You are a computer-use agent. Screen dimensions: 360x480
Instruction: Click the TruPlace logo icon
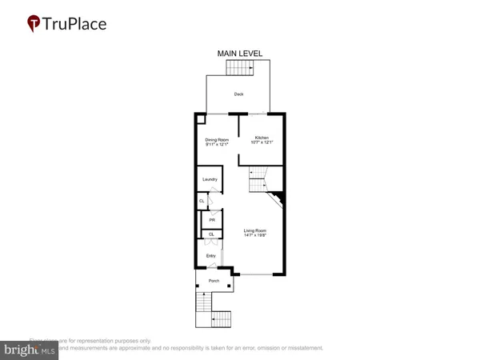point(33,23)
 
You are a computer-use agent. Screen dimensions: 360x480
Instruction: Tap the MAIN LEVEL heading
point(240,54)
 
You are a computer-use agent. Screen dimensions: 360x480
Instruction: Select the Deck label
point(238,94)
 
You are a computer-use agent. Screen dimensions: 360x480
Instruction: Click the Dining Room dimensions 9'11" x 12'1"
point(217,145)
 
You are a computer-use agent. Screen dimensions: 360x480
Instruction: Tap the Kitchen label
point(261,138)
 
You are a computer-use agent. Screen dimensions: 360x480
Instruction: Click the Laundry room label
point(210,179)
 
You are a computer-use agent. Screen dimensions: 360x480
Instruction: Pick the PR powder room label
point(212,220)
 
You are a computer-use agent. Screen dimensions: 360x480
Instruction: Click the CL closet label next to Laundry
point(202,201)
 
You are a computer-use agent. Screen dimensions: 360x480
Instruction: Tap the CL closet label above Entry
point(211,234)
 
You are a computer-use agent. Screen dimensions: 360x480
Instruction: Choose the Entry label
point(211,256)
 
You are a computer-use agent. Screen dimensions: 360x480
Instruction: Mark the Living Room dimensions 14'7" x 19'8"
point(255,236)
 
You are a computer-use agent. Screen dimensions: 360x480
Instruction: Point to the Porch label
point(214,282)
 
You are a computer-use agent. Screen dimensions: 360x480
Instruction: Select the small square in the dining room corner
point(201,118)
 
